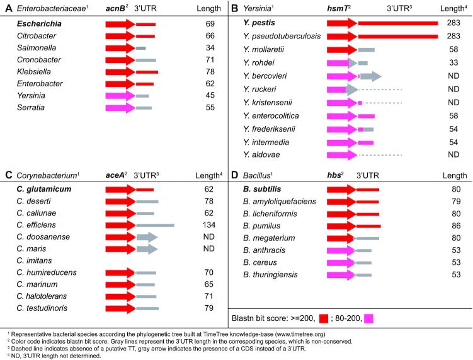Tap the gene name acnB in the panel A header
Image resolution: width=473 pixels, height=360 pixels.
(117, 9)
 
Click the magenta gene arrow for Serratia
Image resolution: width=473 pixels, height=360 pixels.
(120, 108)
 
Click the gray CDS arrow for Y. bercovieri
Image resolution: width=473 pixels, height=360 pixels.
(371, 76)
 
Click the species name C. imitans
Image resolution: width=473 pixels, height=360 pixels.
(33, 260)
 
